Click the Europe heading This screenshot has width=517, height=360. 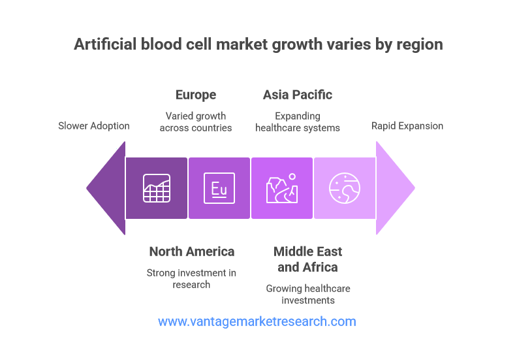196,95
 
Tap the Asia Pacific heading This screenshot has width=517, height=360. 298,95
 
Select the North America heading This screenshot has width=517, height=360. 192,252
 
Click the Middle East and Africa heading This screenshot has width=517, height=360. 307,259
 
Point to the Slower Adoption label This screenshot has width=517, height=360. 94,126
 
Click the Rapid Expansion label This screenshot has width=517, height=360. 407,126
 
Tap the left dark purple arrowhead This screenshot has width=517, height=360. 106,188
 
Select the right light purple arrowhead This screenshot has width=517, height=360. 396,188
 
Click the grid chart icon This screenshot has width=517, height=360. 157,188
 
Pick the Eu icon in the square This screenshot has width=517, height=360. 219,188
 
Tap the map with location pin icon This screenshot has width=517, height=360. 282,188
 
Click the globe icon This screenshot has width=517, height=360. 345,188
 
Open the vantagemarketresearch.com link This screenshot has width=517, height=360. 257,321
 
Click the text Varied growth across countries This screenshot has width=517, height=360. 196,122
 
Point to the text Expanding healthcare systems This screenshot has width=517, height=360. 298,122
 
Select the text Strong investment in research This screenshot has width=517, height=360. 191,279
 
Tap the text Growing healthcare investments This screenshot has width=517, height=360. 308,294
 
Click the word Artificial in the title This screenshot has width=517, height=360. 105,44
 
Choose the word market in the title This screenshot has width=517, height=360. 242,44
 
